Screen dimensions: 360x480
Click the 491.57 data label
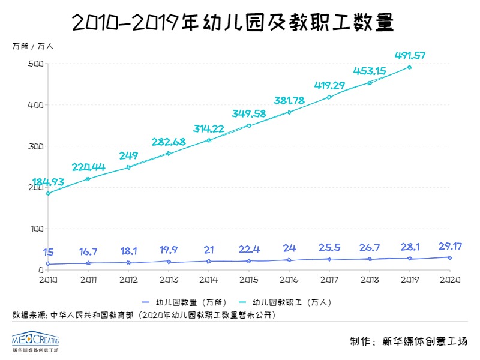coord(410,56)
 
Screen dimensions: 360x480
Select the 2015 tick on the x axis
coord(248,279)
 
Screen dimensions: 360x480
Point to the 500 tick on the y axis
coord(35,64)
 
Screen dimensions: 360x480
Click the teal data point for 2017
coord(329,97)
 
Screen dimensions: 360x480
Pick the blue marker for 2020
coord(450,258)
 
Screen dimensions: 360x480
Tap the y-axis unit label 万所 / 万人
coord(33,46)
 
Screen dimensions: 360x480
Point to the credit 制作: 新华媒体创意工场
coord(408,341)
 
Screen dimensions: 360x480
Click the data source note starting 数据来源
coord(144,314)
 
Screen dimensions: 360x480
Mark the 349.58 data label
coord(249,113)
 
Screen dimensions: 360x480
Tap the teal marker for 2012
coord(128,167)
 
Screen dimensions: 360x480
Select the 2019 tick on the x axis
coord(410,279)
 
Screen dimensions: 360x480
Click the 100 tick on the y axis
coord(35,229)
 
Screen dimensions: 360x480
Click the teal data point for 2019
coord(410,67)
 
